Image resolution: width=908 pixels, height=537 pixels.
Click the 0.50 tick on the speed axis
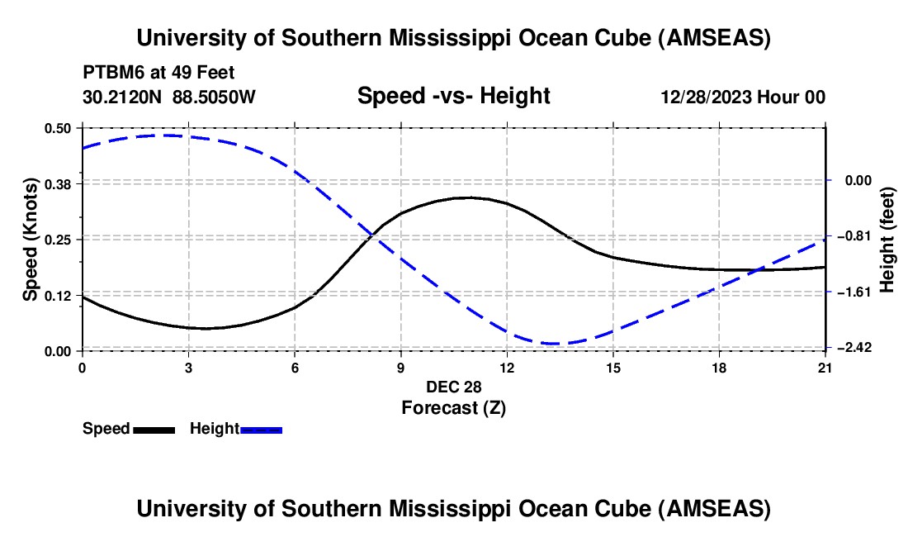tap(58, 128)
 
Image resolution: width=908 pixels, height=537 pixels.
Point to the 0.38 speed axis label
tap(58, 183)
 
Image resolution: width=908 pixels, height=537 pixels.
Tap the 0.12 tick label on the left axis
tap(58, 296)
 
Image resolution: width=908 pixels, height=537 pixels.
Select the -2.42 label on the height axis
tap(852, 348)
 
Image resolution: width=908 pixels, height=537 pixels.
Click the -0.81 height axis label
tap(852, 236)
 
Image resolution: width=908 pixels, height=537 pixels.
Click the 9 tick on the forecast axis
tap(400, 368)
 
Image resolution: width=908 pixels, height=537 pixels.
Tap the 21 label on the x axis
tap(825, 368)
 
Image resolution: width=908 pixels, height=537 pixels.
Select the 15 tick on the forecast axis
tap(613, 368)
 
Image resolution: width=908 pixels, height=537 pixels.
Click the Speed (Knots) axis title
tap(31, 240)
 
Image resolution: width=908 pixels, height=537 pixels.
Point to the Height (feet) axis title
tap(888, 240)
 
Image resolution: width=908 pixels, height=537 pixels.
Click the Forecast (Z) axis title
tap(453, 407)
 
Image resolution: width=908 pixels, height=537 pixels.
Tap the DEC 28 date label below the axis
tap(453, 387)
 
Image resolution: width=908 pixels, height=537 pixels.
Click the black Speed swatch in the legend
tap(154, 429)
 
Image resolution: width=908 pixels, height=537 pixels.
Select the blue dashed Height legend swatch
tap(261, 429)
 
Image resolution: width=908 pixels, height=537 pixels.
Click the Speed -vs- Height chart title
tap(453, 97)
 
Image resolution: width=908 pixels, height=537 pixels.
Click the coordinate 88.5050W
tap(214, 97)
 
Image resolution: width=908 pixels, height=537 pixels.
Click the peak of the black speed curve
tap(469, 197)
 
